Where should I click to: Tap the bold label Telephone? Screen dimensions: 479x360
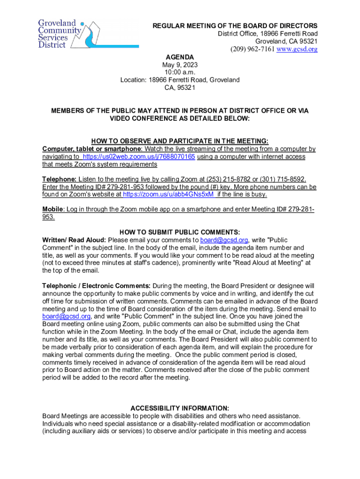pos(59,179)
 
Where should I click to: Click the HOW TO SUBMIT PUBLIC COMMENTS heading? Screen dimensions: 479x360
pos(180,232)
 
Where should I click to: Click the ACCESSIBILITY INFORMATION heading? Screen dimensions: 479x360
pos(180,408)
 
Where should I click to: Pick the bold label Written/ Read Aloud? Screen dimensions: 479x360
pos(74,240)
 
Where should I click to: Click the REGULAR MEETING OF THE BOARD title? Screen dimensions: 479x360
pos(235,26)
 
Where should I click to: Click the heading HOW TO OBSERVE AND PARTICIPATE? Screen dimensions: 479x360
pos(180,141)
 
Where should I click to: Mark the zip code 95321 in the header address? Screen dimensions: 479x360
pos(307,41)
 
